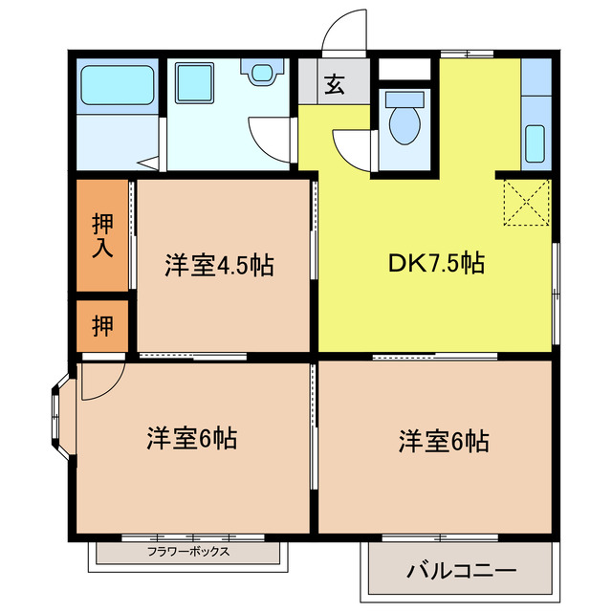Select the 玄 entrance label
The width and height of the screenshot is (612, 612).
(x=334, y=85)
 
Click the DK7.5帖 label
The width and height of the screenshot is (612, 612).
(x=435, y=263)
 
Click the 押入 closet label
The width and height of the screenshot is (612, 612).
(x=102, y=236)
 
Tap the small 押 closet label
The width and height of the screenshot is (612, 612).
(x=102, y=325)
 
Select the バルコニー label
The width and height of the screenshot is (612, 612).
(x=461, y=572)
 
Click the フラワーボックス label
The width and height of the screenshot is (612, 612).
(x=188, y=552)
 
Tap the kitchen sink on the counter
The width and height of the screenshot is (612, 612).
(x=535, y=143)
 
